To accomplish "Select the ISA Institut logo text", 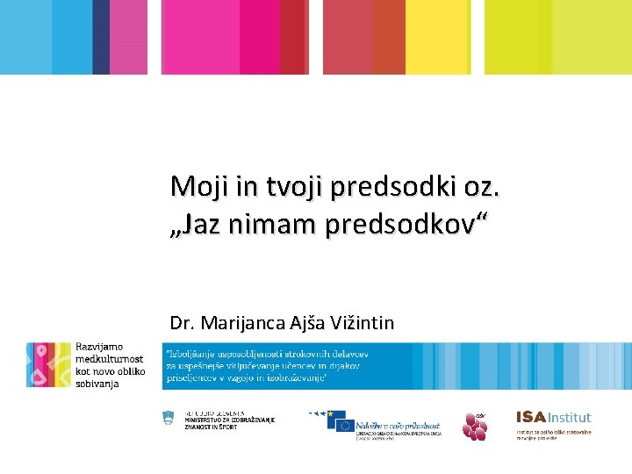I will (553, 418).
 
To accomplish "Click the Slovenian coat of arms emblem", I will (170, 420).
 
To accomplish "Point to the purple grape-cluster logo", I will (475, 427).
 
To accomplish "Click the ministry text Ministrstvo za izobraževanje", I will (230, 420).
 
